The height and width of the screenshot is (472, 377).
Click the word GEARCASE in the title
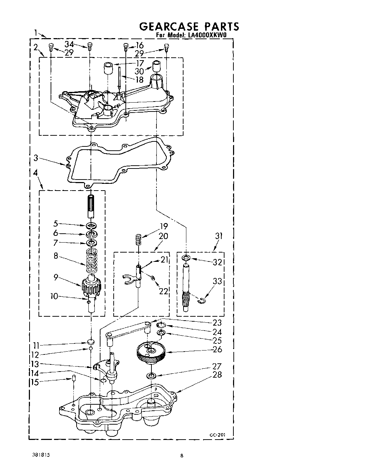169,27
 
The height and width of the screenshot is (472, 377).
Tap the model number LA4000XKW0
206,35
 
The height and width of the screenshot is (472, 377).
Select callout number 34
69,44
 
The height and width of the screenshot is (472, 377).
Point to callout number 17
140,63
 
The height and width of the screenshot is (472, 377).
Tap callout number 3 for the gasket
36,158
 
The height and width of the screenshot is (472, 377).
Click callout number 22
164,291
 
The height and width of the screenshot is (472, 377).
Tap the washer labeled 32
186,257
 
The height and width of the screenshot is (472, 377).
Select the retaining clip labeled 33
202,301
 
